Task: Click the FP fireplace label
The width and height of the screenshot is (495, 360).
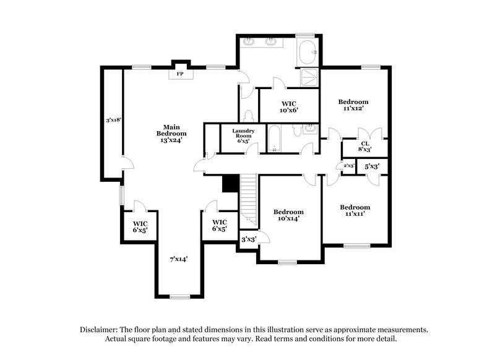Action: (180, 74)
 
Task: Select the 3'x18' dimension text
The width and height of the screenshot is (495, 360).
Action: (113, 120)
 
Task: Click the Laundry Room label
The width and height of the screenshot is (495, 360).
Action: (244, 135)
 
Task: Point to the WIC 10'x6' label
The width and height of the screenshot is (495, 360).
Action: (290, 106)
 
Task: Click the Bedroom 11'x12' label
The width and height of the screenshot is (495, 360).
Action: (353, 105)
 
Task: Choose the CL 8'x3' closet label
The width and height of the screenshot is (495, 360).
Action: (365, 146)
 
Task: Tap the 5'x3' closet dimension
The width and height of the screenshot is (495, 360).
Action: (371, 166)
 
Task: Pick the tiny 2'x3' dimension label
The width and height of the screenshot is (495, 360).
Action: (349, 166)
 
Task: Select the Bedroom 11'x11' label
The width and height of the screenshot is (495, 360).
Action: (355, 210)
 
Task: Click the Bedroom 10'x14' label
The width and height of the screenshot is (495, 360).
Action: (289, 215)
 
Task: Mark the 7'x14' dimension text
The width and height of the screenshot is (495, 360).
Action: (179, 259)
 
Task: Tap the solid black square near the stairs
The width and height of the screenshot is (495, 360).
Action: (230, 184)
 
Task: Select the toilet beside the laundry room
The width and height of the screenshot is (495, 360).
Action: (249, 116)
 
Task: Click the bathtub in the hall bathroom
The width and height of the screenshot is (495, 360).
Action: (275, 139)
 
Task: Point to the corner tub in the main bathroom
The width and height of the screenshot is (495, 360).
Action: (308, 53)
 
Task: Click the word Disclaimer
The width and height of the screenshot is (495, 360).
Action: (101, 330)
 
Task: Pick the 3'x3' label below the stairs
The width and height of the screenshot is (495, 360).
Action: (249, 239)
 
